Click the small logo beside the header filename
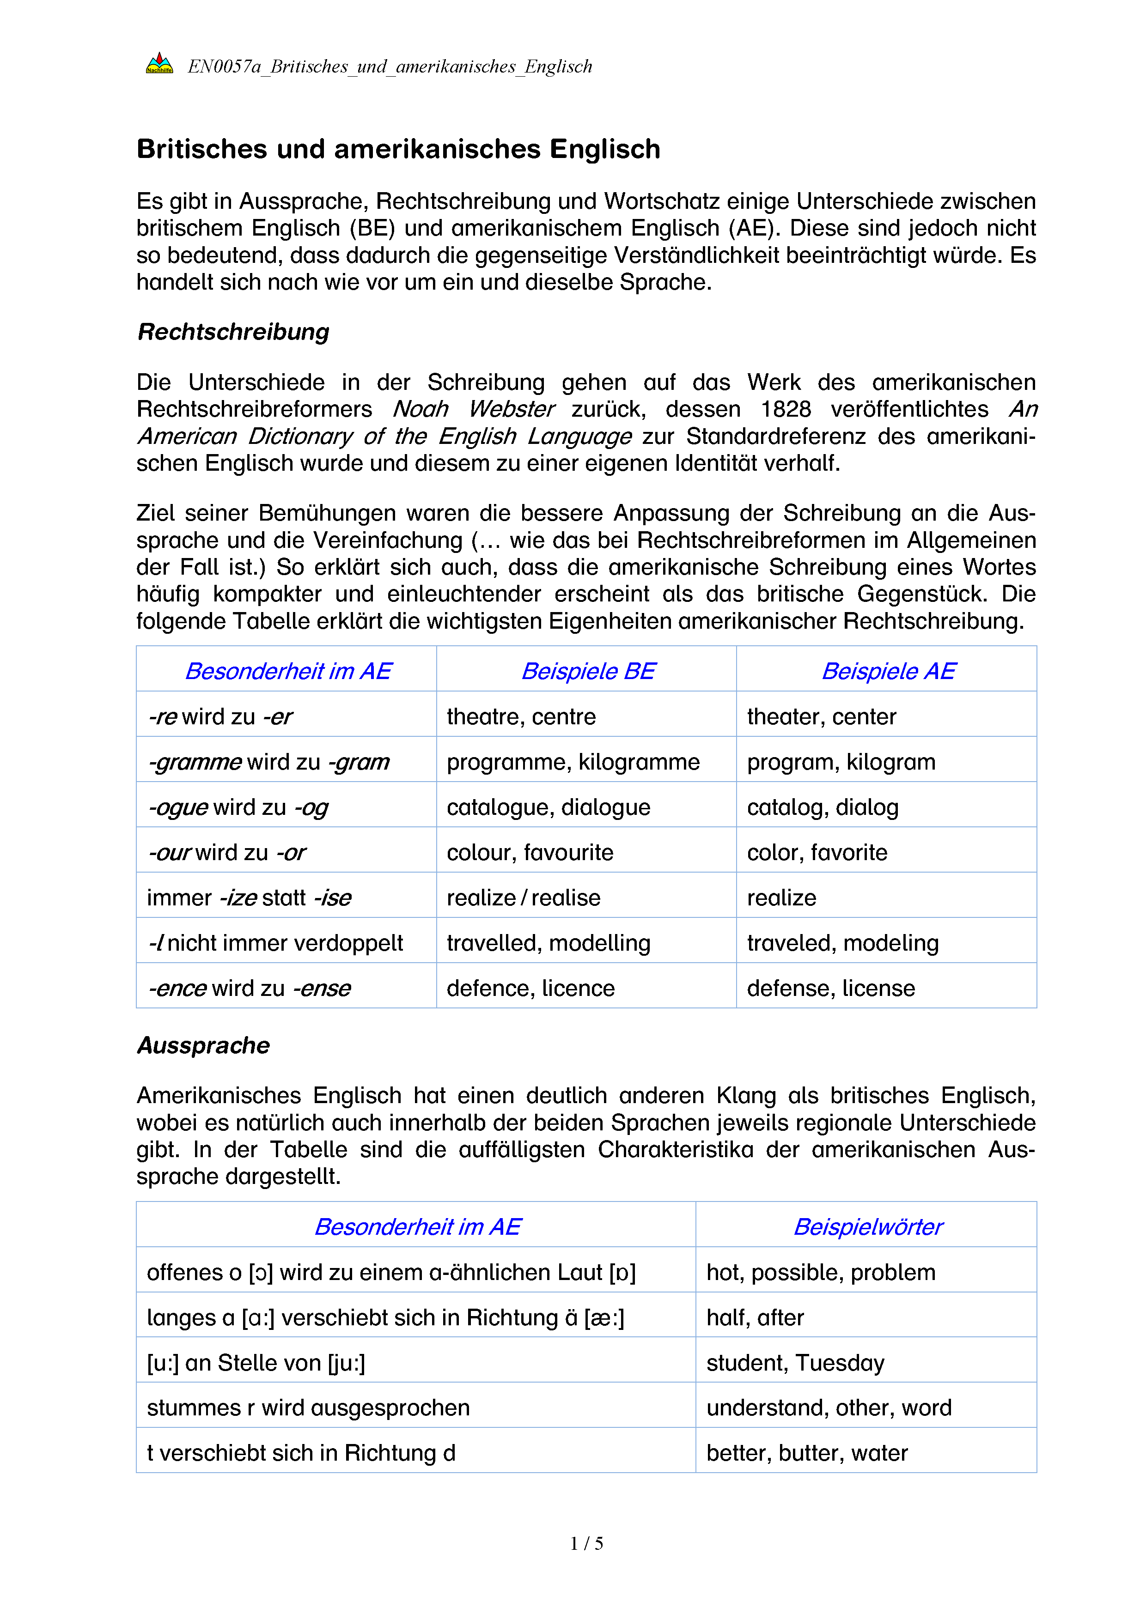coord(159,64)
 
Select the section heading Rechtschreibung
coord(233,332)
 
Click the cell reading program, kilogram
coord(841,762)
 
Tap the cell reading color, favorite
coord(817,852)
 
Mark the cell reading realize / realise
coord(523,898)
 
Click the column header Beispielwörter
coord(867,1227)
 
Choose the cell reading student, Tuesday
coord(795,1362)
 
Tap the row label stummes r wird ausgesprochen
coord(308,1408)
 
